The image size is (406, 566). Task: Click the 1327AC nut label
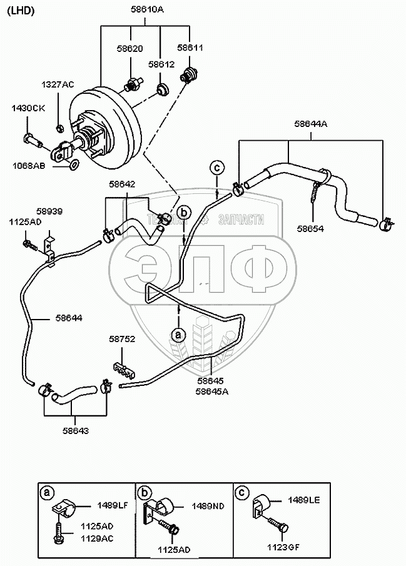(x=58, y=84)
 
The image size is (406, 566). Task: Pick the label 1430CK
(x=28, y=108)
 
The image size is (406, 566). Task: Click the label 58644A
(x=310, y=124)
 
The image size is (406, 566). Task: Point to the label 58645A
(x=211, y=392)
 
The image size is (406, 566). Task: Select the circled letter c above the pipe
(x=216, y=168)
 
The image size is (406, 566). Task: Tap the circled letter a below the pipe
(x=179, y=335)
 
